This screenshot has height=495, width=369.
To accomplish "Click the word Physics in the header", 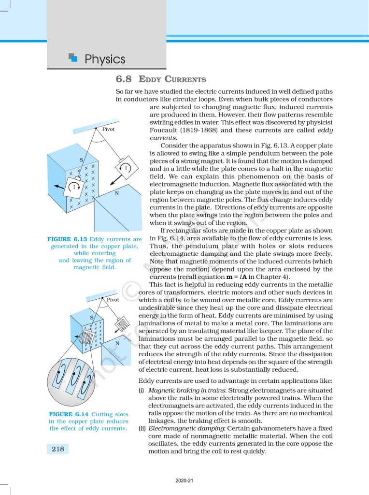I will pyautogui.click(x=105, y=59).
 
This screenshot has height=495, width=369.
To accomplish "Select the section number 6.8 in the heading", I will pyautogui.click(x=125, y=79).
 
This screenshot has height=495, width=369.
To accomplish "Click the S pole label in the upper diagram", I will pyautogui.click(x=82, y=160).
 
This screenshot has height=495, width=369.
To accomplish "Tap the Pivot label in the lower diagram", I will pyautogui.click(x=113, y=300).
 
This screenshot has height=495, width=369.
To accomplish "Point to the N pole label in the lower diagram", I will pyautogui.click(x=117, y=343).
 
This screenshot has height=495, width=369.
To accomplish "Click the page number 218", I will pyautogui.click(x=58, y=449).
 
